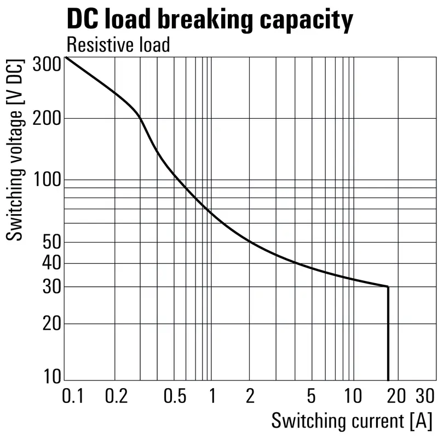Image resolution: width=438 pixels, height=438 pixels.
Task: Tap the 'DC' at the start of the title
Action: (83, 20)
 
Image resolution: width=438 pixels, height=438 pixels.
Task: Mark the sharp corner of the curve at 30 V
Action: (388, 286)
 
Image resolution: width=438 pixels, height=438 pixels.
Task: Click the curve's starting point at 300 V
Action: (66, 57)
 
